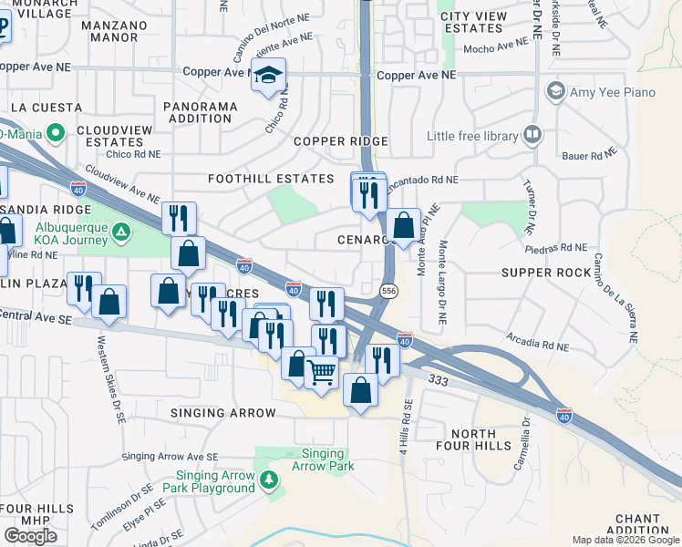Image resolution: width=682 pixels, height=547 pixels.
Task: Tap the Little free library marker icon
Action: [x=533, y=137]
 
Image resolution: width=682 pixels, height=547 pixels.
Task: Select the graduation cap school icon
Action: [x=269, y=76]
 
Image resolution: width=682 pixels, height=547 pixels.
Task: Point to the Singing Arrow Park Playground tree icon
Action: [x=268, y=480]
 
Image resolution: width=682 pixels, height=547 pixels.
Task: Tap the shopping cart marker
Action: [x=321, y=372]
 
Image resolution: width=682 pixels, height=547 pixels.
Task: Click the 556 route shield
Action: [x=388, y=290]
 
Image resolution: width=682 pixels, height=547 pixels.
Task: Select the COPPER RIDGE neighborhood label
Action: [x=341, y=141]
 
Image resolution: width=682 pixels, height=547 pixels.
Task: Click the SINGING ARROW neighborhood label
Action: [x=223, y=413]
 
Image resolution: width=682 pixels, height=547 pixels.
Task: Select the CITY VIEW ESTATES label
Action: [x=472, y=22]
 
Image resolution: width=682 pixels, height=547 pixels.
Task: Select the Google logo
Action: [x=30, y=535]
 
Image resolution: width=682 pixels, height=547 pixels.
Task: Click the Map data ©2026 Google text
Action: [x=625, y=540]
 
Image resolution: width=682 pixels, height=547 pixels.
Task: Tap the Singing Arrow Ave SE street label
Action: [x=170, y=456]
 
